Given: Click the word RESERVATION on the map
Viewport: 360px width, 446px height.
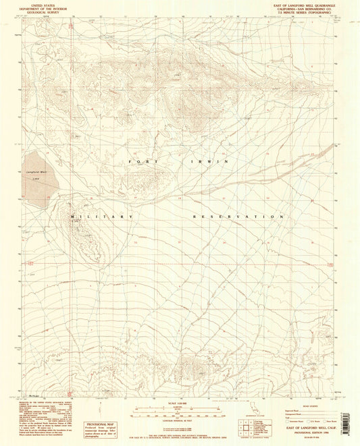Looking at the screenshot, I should click(x=237, y=217).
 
